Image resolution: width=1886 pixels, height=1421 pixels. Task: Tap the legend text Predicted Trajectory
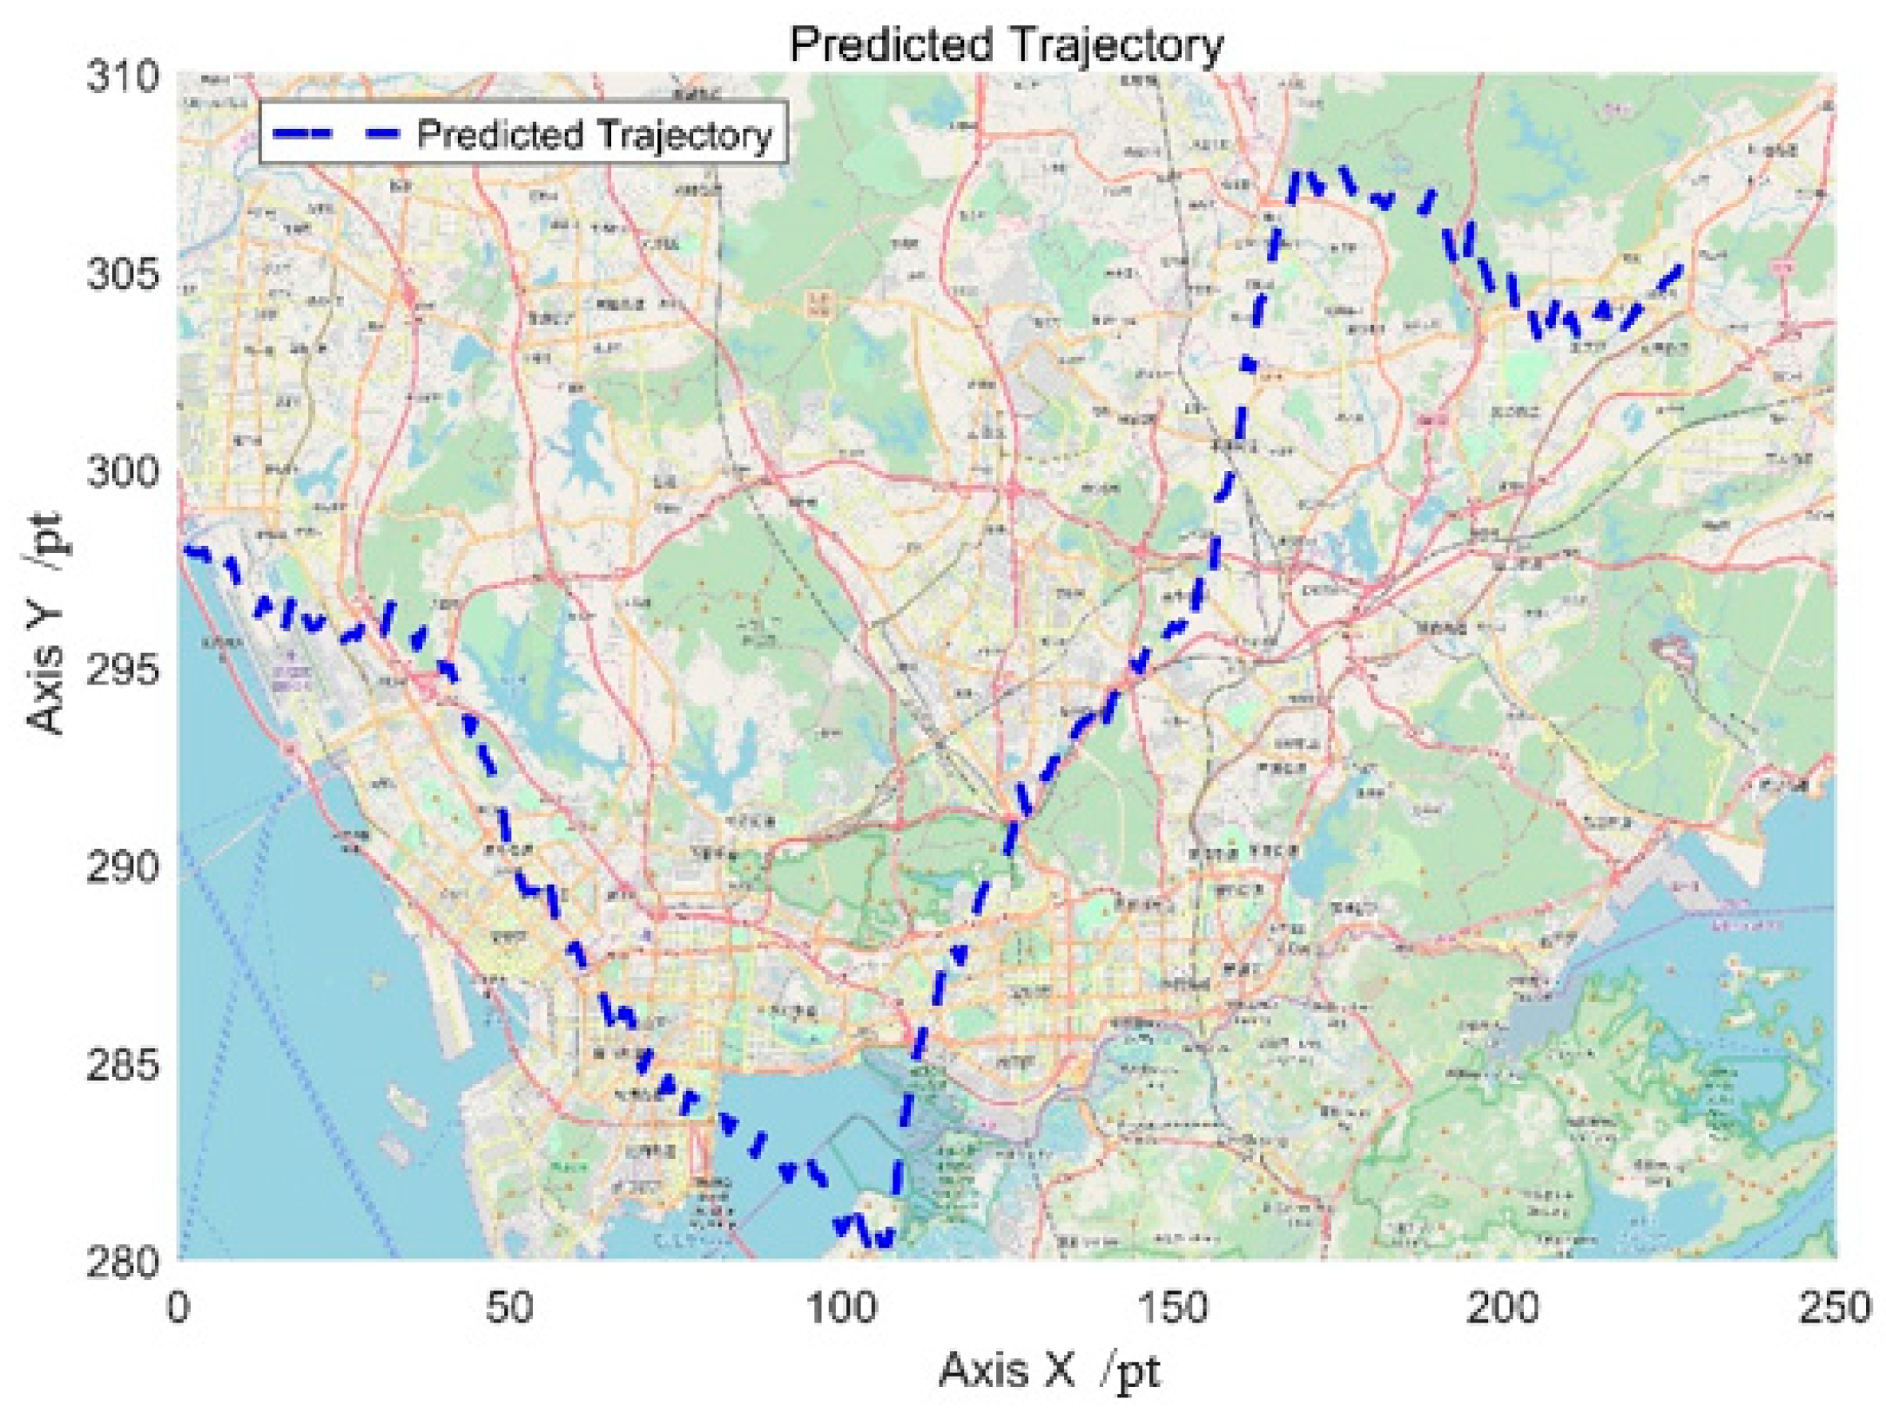tap(595, 135)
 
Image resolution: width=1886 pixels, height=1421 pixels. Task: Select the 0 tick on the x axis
tap(179, 1309)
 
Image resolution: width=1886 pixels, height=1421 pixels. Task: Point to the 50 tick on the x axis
tap(509, 1309)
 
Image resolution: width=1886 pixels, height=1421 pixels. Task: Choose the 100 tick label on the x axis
tap(841, 1309)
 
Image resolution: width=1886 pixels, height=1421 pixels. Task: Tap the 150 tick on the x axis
tap(1173, 1309)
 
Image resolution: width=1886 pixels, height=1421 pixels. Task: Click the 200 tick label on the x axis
tap(1504, 1309)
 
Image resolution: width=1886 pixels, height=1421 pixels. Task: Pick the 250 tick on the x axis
tap(1835, 1309)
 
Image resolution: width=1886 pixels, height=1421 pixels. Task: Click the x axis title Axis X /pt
tap(1049, 1371)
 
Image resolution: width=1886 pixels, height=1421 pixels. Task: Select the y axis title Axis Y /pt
tap(45, 623)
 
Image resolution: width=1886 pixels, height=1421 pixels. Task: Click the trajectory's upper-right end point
tap(1679, 267)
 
